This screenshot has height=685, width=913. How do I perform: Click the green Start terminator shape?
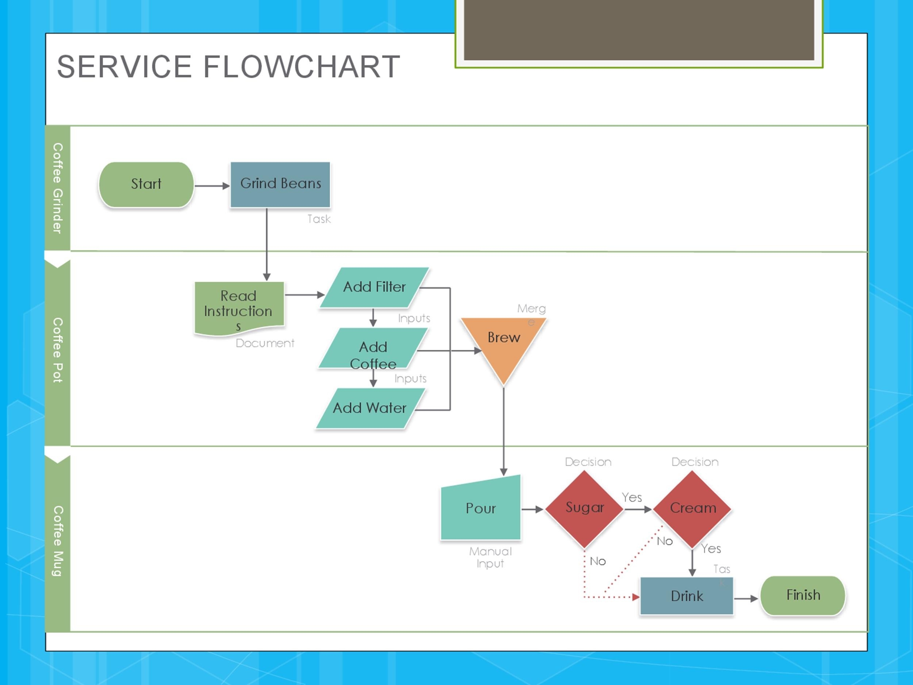click(x=146, y=184)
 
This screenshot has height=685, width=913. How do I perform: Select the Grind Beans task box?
click(x=280, y=184)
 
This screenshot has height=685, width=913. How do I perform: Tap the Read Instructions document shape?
click(x=239, y=308)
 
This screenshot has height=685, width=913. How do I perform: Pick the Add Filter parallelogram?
click(x=374, y=288)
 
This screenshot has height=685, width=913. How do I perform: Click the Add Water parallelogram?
click(x=370, y=408)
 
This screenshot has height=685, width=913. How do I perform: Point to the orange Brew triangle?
click(x=504, y=343)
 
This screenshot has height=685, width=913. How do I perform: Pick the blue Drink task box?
click(x=687, y=596)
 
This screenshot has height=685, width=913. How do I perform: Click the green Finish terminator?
click(x=803, y=595)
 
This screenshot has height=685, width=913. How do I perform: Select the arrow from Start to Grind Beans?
click(x=211, y=186)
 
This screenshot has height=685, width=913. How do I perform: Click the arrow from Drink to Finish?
click(x=746, y=598)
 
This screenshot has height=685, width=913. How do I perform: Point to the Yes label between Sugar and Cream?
click(x=631, y=498)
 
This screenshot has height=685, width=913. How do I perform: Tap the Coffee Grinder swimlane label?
click(x=57, y=188)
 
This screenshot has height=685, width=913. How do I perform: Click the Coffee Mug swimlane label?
click(x=57, y=541)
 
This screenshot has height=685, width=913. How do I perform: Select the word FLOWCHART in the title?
click(x=301, y=67)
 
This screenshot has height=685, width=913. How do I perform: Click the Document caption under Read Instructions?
click(x=265, y=343)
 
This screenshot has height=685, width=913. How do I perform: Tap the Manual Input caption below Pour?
click(x=490, y=557)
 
